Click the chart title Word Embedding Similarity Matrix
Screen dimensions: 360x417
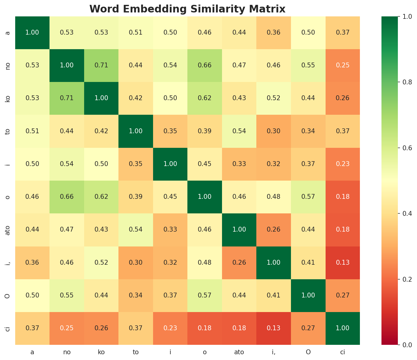tap(187, 9)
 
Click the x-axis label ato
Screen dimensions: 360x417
tap(239, 352)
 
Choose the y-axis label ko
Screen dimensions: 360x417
tap(8, 98)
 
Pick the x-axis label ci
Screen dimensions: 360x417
tap(343, 352)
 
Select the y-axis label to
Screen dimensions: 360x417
tap(8, 131)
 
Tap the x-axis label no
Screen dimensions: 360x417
tap(67, 352)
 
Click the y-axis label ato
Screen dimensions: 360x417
tap(8, 230)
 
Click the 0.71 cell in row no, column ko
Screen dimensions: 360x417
tap(101, 65)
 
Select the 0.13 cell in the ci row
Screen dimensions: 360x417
tap(274, 328)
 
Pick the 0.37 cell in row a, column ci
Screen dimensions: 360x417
tap(343, 32)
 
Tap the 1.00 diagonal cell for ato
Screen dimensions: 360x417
tap(239, 229)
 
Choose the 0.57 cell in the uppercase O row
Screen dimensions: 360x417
tap(205, 295)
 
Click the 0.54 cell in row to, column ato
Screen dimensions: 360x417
tap(239, 131)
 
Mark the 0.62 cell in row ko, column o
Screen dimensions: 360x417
tap(205, 98)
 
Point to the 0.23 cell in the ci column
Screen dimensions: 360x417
tap(343, 164)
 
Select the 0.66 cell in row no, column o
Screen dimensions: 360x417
tap(205, 65)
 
